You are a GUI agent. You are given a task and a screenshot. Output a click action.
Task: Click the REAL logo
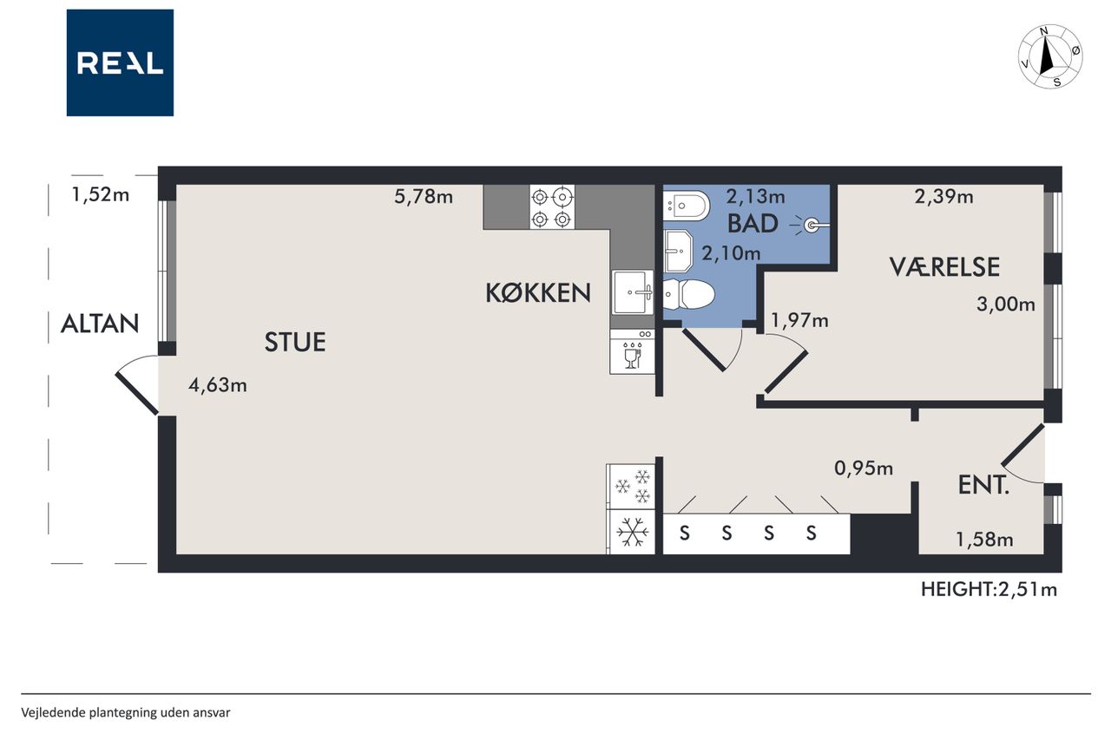pyautogui.click(x=120, y=63)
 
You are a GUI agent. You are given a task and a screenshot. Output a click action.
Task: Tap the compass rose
pyautogui.click(x=1050, y=57)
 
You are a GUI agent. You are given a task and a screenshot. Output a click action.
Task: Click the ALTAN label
pyautogui.click(x=100, y=324)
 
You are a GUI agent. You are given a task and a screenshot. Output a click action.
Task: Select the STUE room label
pyautogui.click(x=295, y=342)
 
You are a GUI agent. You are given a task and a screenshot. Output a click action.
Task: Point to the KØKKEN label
pyautogui.click(x=538, y=293)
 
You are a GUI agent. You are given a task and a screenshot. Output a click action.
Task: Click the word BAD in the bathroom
pyautogui.click(x=753, y=224)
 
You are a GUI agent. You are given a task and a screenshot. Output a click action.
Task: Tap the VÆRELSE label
pyautogui.click(x=944, y=266)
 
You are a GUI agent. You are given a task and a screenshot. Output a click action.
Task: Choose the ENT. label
pyautogui.click(x=983, y=485)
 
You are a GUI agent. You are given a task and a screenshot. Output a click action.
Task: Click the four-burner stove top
pyautogui.click(x=552, y=207)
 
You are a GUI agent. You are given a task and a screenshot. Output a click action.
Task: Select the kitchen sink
pyautogui.click(x=633, y=292)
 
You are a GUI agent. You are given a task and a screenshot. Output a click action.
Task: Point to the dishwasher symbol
pyautogui.click(x=633, y=352)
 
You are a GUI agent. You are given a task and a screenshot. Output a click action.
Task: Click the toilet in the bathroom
pyautogui.click(x=689, y=294)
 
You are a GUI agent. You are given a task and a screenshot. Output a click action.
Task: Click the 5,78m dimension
pyautogui.click(x=424, y=197)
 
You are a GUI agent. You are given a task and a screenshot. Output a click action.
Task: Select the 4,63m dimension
pyautogui.click(x=218, y=385)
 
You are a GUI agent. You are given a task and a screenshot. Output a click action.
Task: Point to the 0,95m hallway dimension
pyautogui.click(x=864, y=468)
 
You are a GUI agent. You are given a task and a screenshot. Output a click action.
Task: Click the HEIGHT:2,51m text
pyautogui.click(x=989, y=589)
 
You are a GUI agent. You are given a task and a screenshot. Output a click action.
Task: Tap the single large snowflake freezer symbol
pyautogui.click(x=633, y=533)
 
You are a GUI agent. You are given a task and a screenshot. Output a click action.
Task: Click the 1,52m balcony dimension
pyautogui.click(x=101, y=195)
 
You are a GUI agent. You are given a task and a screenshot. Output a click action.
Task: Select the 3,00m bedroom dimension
pyautogui.click(x=1006, y=304)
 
